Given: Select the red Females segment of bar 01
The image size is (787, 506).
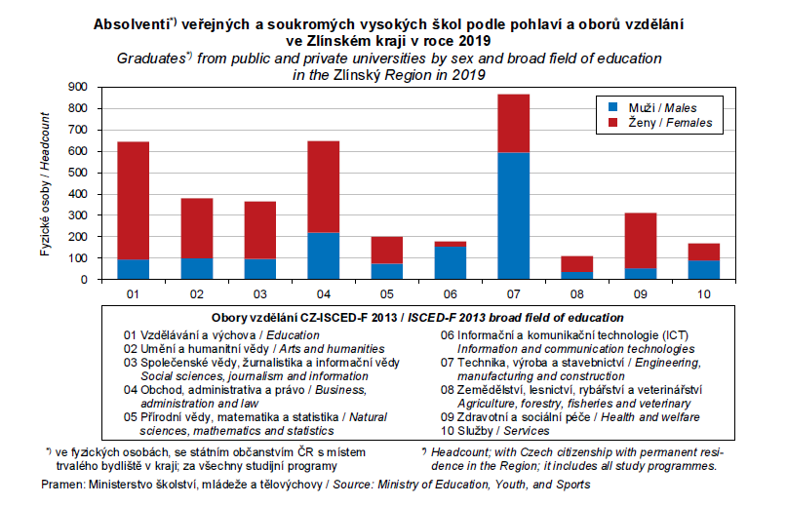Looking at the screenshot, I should coord(134,200).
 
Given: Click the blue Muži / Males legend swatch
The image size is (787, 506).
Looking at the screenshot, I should coord(614,106).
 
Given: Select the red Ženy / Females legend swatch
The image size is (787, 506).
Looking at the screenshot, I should coord(614,123).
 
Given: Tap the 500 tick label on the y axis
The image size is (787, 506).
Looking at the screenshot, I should coord(77,173).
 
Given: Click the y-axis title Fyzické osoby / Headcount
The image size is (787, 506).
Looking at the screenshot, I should coord(45,184).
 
